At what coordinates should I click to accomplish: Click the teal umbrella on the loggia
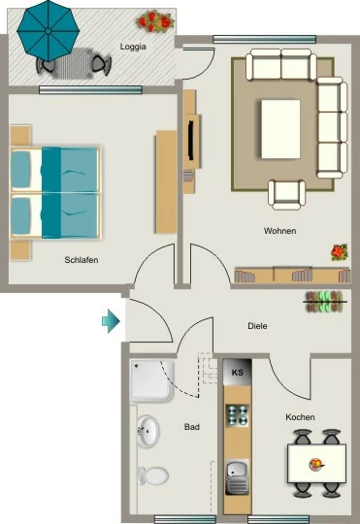(49, 31)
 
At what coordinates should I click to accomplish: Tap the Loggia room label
(133, 47)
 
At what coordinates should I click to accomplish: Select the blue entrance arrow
(111, 321)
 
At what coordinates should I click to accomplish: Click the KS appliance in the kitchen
(238, 373)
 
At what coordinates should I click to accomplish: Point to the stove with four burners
(238, 415)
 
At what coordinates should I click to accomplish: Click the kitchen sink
(237, 476)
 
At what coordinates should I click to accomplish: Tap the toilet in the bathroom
(152, 475)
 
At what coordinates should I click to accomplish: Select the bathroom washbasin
(147, 431)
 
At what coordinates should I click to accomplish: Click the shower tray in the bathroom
(152, 380)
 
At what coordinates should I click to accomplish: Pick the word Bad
(192, 427)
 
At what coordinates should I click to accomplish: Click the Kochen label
(300, 417)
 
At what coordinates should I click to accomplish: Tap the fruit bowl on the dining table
(316, 464)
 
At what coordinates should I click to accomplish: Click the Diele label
(257, 326)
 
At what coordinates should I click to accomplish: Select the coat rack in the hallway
(326, 302)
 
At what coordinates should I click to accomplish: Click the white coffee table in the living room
(280, 129)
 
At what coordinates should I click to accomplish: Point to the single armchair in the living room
(287, 195)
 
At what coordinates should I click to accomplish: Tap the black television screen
(191, 141)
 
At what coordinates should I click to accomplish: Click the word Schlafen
(82, 260)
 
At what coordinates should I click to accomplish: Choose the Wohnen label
(279, 231)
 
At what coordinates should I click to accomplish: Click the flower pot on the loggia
(155, 20)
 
